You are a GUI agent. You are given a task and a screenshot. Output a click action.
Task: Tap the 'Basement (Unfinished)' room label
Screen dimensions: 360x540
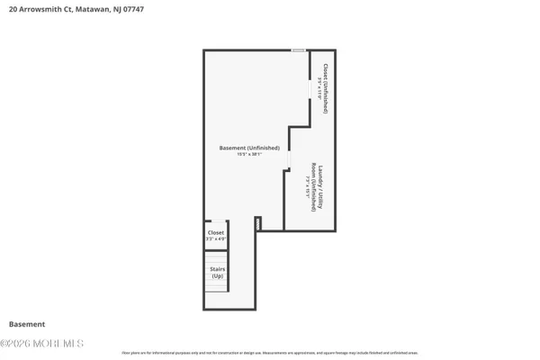click(249, 148)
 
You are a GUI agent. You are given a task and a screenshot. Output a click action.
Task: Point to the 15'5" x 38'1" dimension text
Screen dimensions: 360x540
click(249, 154)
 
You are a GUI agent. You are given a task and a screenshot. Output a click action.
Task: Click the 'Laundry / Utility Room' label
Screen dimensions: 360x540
click(315, 187)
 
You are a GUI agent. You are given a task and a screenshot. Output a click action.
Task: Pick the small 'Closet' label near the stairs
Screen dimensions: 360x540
click(217, 233)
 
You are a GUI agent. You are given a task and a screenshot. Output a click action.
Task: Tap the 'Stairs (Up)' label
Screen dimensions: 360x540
click(217, 273)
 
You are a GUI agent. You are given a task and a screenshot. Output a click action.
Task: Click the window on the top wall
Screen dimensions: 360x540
click(299, 50)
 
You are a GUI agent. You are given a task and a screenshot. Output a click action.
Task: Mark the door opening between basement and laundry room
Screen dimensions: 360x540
click(288, 158)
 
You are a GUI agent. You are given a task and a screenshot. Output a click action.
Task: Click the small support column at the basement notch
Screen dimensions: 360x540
click(257, 222)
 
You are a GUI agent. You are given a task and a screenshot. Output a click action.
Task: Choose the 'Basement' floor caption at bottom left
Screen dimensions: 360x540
click(27, 324)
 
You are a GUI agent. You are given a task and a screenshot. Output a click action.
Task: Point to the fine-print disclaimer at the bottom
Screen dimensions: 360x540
click(270, 349)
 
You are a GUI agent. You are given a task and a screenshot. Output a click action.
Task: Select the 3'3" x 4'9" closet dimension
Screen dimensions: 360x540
click(217, 239)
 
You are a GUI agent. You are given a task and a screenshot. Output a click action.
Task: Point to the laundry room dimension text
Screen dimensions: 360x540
click(308, 187)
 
